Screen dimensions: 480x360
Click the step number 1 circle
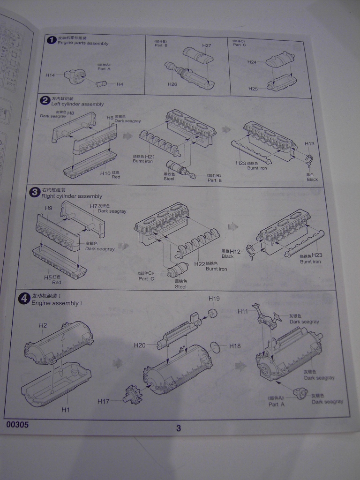(52, 41)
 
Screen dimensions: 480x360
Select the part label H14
(51, 75)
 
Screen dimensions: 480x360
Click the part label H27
(207, 45)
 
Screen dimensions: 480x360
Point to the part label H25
(253, 89)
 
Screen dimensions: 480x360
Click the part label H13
(309, 143)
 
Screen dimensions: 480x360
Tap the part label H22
(200, 264)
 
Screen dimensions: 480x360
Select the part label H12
(235, 252)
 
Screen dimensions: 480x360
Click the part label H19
(214, 299)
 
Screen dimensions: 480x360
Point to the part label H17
(104, 401)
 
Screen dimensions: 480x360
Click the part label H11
(243, 311)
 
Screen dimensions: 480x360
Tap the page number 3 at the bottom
(179, 427)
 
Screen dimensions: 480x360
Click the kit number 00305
(18, 425)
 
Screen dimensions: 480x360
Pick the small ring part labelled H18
(214, 346)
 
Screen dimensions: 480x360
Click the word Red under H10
(116, 178)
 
